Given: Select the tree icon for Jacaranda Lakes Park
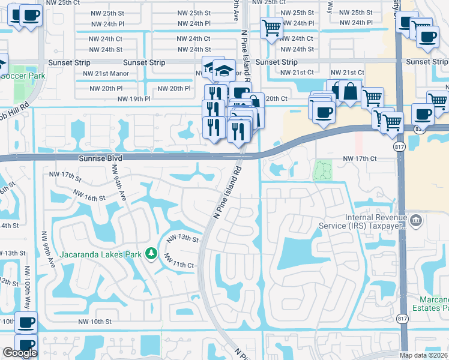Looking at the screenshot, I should (152, 254).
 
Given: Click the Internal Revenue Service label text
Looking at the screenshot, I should (376, 222).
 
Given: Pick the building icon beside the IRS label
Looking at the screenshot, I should (416, 221).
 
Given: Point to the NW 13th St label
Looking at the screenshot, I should (182, 238).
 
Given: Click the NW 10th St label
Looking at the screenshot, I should (95, 322).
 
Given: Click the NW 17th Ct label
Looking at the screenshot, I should (359, 158).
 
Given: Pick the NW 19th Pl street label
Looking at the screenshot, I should (133, 98).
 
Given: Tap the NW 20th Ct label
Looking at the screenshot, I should (276, 98).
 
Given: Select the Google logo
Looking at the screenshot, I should (20, 353).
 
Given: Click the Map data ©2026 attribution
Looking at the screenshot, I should (424, 355).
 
